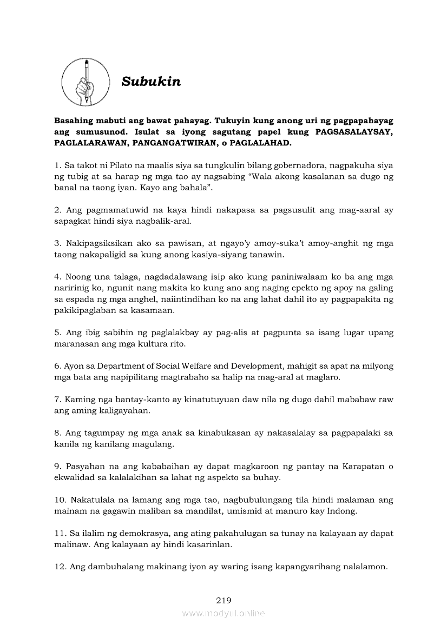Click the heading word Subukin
click(151, 82)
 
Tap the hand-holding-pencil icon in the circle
click(86, 83)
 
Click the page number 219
click(223, 600)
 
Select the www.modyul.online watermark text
click(223, 614)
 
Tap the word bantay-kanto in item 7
click(127, 400)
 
